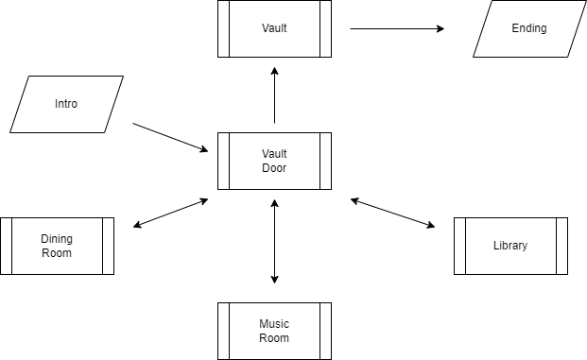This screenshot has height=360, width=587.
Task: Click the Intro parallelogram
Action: click(x=66, y=104)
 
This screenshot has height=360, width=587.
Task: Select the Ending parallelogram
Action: click(x=529, y=28)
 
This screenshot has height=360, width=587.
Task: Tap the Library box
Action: click(x=510, y=246)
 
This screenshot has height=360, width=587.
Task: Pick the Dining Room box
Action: click(x=57, y=246)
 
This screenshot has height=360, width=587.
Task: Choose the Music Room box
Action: click(x=274, y=332)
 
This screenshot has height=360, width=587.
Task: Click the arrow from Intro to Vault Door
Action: click(x=170, y=137)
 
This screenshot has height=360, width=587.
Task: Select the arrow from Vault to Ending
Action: click(x=397, y=28)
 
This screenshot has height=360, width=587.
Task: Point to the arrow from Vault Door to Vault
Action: click(x=274, y=95)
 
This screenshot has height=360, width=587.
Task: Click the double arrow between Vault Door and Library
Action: click(x=392, y=213)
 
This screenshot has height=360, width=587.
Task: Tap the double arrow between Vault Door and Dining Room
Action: click(x=171, y=213)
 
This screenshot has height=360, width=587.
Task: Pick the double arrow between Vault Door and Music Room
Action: click(x=274, y=241)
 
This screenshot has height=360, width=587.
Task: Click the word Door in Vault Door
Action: click(x=274, y=168)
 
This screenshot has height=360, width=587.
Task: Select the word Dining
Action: click(x=57, y=239)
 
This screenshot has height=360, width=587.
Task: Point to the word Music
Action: click(x=274, y=324)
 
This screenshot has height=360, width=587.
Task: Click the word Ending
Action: click(x=529, y=28)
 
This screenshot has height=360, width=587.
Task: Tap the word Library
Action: click(x=510, y=246)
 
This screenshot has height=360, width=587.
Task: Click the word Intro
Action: click(x=66, y=104)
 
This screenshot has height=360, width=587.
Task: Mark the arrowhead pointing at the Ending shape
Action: click(x=440, y=28)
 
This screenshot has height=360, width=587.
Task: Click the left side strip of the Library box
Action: click(x=459, y=246)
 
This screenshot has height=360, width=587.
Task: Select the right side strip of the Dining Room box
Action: click(x=108, y=246)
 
